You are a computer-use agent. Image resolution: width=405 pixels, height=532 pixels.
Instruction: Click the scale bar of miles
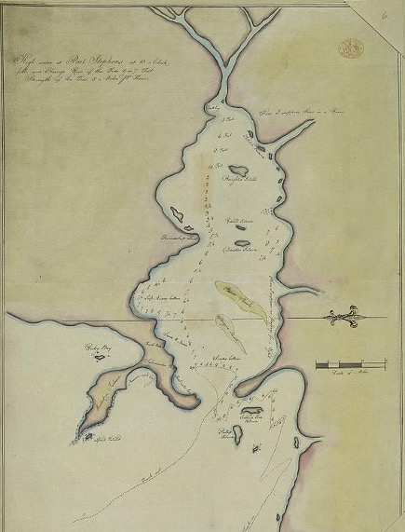350,362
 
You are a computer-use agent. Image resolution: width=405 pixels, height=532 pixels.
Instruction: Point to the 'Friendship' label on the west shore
176,240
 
